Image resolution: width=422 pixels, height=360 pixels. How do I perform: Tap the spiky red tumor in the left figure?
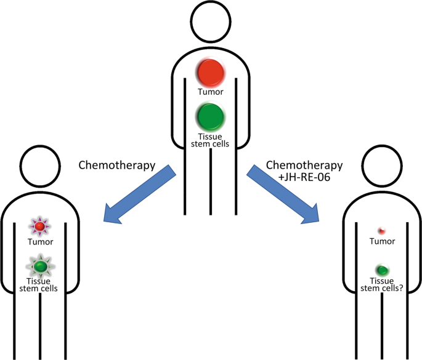click(x=39, y=228)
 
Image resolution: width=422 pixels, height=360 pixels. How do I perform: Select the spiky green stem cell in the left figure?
click(x=41, y=266)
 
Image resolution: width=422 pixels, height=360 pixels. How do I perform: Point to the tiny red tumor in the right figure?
click(x=381, y=231)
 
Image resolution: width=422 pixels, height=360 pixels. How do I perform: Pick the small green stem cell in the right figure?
click(x=382, y=270)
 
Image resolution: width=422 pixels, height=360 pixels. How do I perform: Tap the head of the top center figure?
click(x=211, y=23)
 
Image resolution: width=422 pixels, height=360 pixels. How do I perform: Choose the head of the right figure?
click(x=382, y=165)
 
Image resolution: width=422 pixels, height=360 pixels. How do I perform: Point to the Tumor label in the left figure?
click(x=40, y=242)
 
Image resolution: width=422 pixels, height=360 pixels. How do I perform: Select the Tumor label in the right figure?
click(x=382, y=242)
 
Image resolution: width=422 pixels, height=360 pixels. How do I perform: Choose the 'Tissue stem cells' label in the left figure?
click(x=40, y=285)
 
